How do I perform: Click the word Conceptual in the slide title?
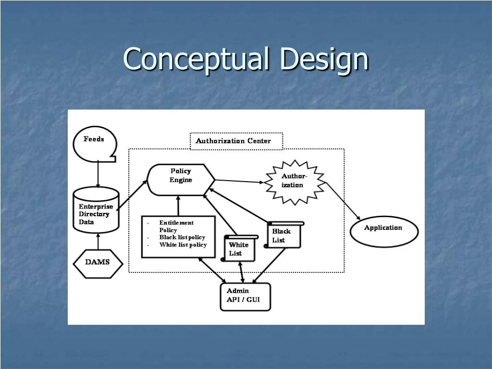[x=197, y=59]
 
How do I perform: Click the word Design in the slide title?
[x=324, y=59]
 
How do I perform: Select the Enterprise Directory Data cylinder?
[x=96, y=211]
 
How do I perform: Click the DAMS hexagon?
[x=98, y=262]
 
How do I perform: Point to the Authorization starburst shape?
[x=295, y=182]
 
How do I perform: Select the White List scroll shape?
[x=239, y=248]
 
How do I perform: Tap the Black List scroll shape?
[x=284, y=235]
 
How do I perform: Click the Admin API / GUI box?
[x=245, y=297]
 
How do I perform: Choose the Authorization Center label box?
[x=236, y=141]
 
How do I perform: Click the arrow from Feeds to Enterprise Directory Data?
[x=98, y=174]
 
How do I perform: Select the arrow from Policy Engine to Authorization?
[x=239, y=182]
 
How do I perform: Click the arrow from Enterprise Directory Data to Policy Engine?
[x=133, y=195]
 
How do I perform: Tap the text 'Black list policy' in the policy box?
[x=183, y=237]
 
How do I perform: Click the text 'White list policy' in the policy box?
[x=183, y=245]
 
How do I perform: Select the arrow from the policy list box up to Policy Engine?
[x=178, y=206]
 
